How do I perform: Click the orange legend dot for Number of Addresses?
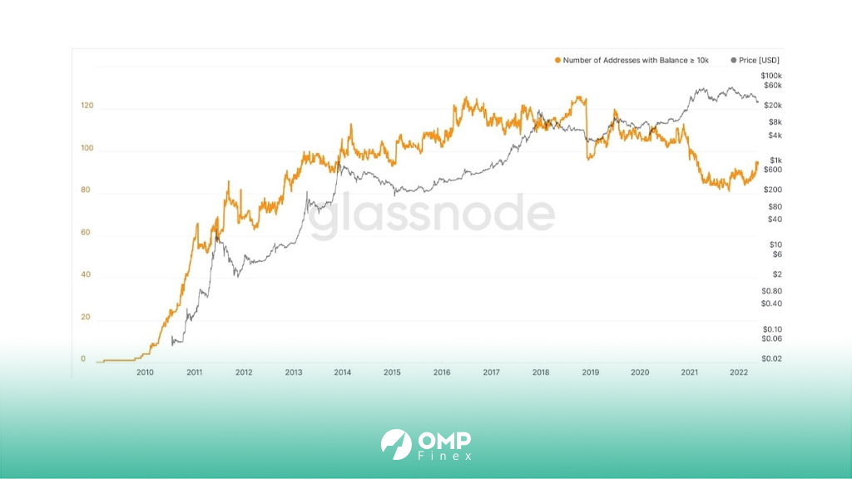pos(557,60)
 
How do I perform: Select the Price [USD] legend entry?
pos(755,60)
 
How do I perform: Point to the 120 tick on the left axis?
pos(87,106)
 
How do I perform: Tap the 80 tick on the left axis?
pos(86,190)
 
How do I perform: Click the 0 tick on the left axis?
pos(83,358)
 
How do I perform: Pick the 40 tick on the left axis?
pos(86,274)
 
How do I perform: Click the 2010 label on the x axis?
pos(145,373)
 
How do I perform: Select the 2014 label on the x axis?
pos(342,373)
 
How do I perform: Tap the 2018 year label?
pos(541,373)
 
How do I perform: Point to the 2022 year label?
pos(739,373)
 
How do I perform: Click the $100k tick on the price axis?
pos(771,76)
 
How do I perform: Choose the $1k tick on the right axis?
pos(776,160)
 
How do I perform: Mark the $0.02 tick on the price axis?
pos(771,358)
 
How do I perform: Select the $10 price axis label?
pos(776,245)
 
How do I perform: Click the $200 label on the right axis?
pos(773,190)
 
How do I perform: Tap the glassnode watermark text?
pos(432,215)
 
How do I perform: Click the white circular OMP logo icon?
pos(396,445)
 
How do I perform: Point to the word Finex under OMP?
pos(445,457)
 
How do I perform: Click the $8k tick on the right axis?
pos(775,122)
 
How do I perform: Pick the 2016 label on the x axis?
pos(442,373)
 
